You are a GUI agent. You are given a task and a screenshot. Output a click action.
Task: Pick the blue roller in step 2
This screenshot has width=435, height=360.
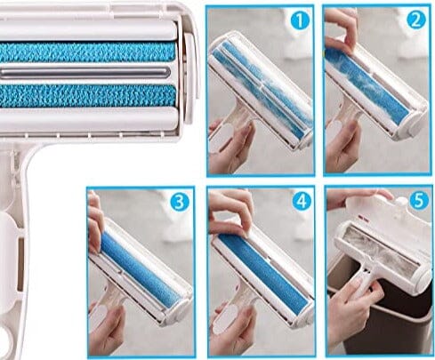(x=365, y=84)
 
